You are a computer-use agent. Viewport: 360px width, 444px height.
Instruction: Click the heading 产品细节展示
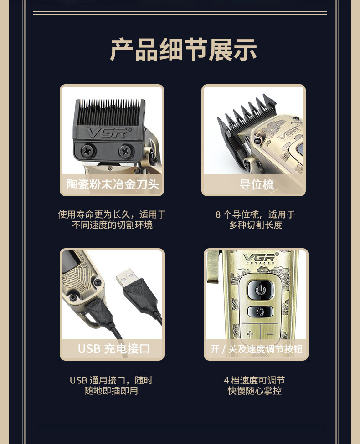pos(183,50)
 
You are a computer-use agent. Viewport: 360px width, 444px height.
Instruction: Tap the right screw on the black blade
pos(126,152)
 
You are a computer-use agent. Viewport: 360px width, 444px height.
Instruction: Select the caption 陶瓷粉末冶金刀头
pos(112,184)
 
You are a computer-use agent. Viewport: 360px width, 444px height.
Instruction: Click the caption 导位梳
pos(257,184)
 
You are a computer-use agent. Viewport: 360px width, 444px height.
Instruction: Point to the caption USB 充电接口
pos(113,348)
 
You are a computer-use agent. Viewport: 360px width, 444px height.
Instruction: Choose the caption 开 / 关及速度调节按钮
pos(256,349)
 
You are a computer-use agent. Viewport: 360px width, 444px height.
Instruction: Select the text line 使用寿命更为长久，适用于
pos(112,214)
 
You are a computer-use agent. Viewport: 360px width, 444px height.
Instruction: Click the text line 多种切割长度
pos(256,225)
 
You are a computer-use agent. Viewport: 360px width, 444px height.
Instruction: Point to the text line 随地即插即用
pos(111,391)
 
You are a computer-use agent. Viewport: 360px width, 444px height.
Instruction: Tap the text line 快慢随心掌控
pos(255,391)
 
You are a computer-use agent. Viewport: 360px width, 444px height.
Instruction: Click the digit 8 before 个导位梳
pos(218,214)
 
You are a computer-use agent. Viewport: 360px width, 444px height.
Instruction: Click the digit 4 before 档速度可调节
pos(226,380)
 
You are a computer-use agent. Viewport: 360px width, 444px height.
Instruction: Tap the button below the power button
pos(260,312)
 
